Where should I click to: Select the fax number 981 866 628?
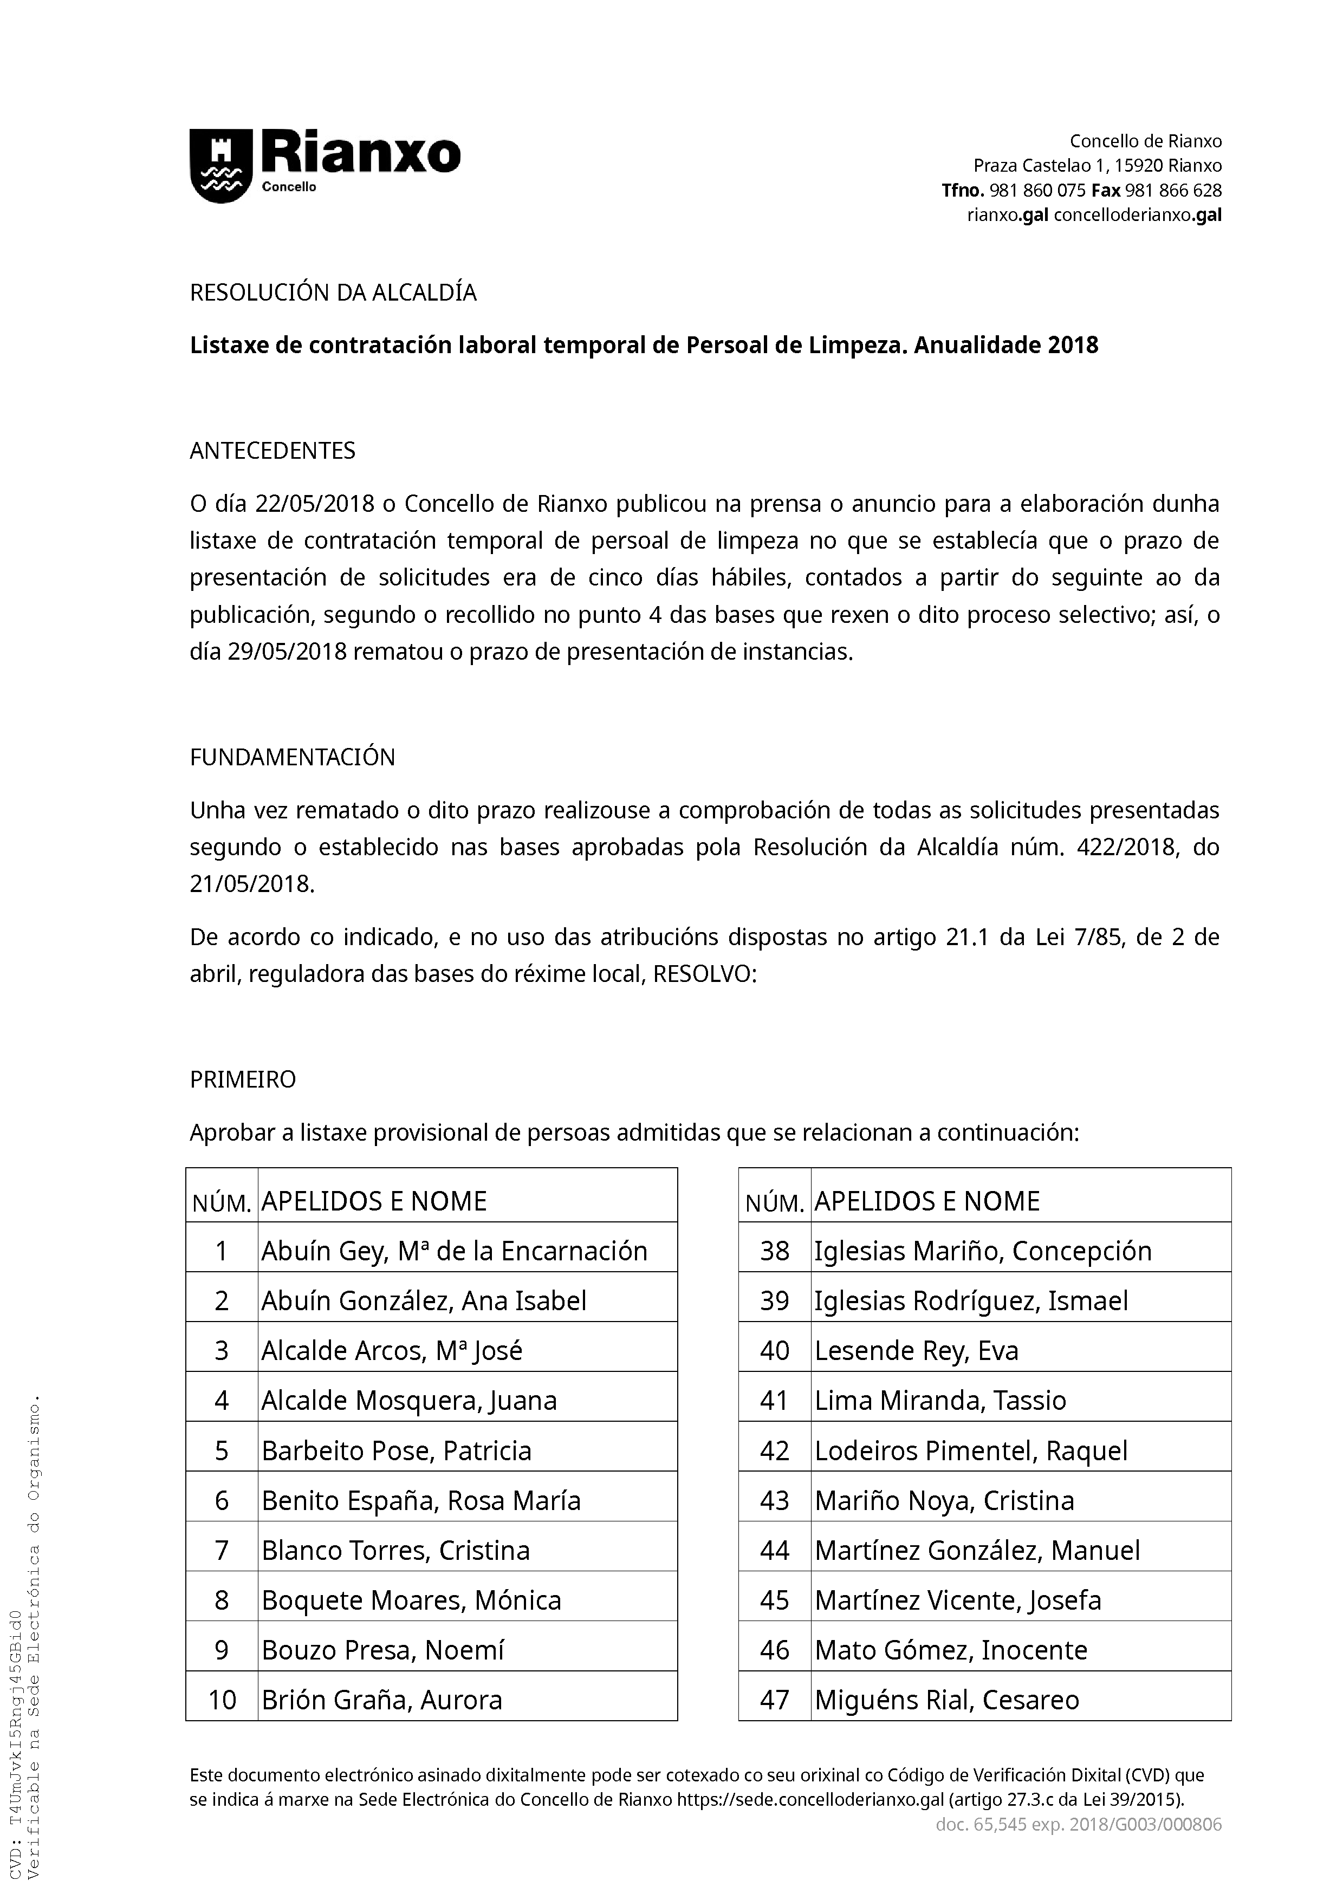(1173, 190)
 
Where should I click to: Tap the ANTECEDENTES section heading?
(273, 451)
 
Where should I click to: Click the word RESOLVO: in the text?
(704, 974)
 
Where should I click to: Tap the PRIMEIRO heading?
(243, 1080)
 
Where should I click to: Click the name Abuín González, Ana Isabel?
(424, 1301)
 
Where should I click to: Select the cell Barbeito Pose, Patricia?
(397, 1450)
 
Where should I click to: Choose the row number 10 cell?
(222, 1700)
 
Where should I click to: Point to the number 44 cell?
(775, 1550)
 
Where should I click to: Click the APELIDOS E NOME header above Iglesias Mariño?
(927, 1201)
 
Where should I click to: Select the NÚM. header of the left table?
(222, 1204)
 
